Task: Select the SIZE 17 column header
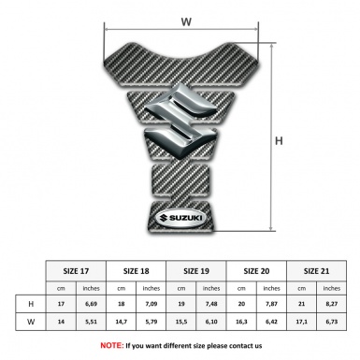[x=76, y=268]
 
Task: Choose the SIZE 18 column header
[x=136, y=268]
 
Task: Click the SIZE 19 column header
[x=196, y=268]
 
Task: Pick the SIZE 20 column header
[x=256, y=268]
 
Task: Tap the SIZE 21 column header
[x=316, y=268]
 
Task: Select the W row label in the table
[x=31, y=323]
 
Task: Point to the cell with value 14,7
[x=121, y=323]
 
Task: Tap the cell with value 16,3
[x=241, y=323]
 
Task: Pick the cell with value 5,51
[x=91, y=323]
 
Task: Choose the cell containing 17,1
[x=301, y=323]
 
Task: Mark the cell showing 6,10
[x=211, y=323]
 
